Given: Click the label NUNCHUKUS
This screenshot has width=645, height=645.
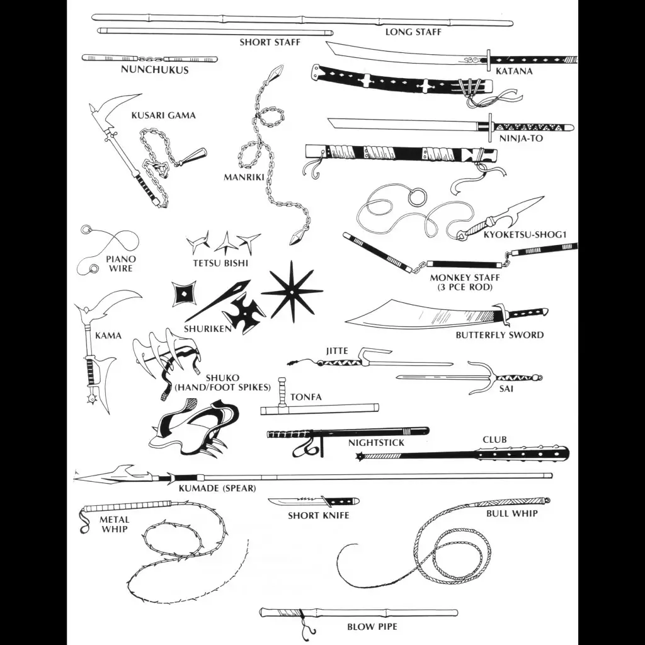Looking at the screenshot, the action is [155, 69].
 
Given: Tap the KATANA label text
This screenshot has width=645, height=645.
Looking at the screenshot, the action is [514, 71].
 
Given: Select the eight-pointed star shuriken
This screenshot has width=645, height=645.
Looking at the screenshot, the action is [292, 292].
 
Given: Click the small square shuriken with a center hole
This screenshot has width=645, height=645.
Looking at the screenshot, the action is [183, 293].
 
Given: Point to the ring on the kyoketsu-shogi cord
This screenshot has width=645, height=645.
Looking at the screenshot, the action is [418, 197].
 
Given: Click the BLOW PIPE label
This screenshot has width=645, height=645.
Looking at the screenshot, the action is [372, 627].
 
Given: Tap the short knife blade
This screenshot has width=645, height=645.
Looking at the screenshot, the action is [294, 502].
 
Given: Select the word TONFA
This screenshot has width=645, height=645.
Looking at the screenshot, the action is [306, 397].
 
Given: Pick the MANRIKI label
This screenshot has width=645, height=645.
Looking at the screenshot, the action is [244, 177].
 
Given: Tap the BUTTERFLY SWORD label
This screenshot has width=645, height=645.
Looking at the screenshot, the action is [499, 335].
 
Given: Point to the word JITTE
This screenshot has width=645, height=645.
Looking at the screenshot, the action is [337, 351].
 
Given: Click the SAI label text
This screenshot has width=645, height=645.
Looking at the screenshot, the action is [506, 388].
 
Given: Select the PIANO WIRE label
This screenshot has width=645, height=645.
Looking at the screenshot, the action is [121, 264].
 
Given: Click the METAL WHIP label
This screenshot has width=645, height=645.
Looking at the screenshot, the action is [115, 525].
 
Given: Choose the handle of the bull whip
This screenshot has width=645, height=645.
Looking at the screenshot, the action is [513, 502].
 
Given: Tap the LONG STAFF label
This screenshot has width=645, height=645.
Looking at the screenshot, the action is [413, 32].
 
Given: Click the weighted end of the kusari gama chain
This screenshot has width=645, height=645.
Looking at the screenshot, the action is [193, 156].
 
